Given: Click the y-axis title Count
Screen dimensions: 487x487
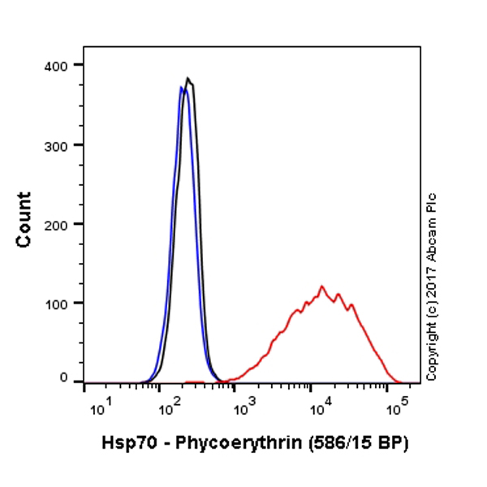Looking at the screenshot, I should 24,219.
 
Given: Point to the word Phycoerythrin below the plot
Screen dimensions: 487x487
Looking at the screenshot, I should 230,444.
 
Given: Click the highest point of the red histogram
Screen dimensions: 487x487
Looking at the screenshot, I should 322,286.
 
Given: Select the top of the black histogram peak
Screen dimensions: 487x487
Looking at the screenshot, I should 187,78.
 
